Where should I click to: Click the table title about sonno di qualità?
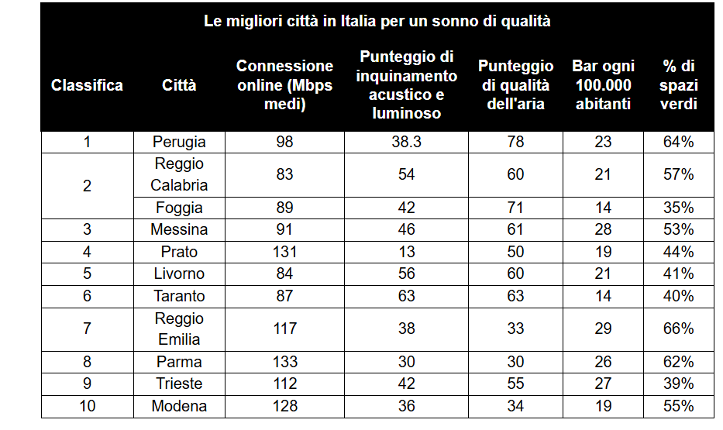[x=377, y=22]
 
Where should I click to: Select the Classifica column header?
[x=87, y=85]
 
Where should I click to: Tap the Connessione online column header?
[x=284, y=85]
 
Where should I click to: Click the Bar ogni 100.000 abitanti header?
[x=603, y=85]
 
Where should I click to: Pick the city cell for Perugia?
[x=179, y=142]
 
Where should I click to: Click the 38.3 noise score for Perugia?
[x=406, y=142]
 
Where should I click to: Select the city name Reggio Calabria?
[x=179, y=174]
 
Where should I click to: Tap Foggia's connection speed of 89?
[x=284, y=208]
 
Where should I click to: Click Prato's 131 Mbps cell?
[x=284, y=252]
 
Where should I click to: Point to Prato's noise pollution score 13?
[x=406, y=252]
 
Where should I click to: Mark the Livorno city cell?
[x=179, y=273]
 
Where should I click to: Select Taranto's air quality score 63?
[x=515, y=296]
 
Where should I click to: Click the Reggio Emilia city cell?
[x=179, y=329]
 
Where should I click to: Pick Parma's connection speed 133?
[x=284, y=362]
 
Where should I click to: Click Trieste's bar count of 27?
[x=603, y=384]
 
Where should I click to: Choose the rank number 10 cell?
[x=87, y=406]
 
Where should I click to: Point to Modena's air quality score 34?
[x=515, y=406]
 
